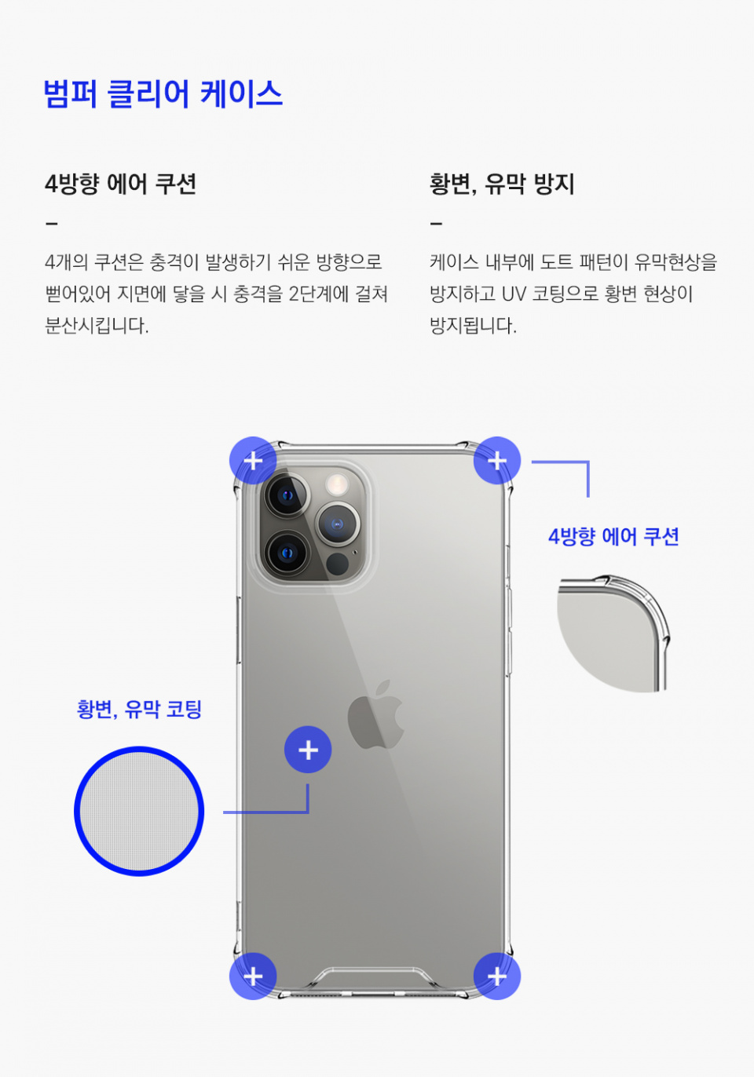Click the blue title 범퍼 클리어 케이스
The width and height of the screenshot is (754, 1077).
tap(163, 93)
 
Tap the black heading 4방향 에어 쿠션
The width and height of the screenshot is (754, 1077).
tap(120, 184)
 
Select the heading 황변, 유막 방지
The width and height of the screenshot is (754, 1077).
tap(503, 184)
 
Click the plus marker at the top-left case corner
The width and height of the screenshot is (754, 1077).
tap(253, 461)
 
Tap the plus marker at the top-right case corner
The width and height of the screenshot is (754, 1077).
tap(497, 461)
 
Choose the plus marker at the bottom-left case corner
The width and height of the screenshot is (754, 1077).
tap(253, 977)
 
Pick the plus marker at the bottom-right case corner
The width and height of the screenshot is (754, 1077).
tap(497, 977)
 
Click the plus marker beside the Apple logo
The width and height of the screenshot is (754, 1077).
tap(308, 750)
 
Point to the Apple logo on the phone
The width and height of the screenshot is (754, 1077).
tap(375, 714)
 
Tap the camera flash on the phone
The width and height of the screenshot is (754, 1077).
tap(337, 484)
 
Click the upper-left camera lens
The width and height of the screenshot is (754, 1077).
tap(287, 495)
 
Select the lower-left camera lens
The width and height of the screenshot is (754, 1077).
tap(287, 553)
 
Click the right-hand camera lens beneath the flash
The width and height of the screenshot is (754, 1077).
tap(338, 524)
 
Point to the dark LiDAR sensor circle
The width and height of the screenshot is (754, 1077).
tap(337, 564)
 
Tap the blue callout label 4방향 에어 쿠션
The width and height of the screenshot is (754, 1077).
tap(613, 537)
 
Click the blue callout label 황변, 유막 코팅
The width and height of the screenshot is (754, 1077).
tap(139, 709)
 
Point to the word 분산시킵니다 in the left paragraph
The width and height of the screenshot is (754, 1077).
tap(97, 326)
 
